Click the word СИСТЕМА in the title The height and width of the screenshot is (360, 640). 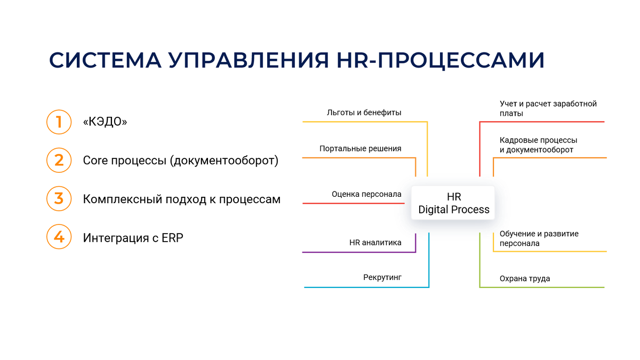point(105,60)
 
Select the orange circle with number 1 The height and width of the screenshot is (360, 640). point(59,122)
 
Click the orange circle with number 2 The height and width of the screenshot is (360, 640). point(59,160)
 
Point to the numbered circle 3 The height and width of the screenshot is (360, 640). point(59,198)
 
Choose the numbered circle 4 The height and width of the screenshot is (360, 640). point(59,237)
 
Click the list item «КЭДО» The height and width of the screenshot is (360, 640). point(105,122)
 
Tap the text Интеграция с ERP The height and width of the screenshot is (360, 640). point(133,238)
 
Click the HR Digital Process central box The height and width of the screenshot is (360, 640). point(453,203)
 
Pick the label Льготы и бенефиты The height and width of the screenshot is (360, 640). point(364,113)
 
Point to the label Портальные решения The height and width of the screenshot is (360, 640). point(360,149)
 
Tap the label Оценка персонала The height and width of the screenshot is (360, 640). point(366,194)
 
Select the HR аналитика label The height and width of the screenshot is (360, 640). point(375,243)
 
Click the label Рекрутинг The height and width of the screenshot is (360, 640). point(382,277)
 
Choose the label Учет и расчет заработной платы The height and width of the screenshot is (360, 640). point(548,108)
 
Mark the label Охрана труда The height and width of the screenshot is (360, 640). point(524,278)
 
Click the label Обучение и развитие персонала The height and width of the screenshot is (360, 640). point(539,238)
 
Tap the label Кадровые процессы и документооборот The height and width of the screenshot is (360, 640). point(538,145)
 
